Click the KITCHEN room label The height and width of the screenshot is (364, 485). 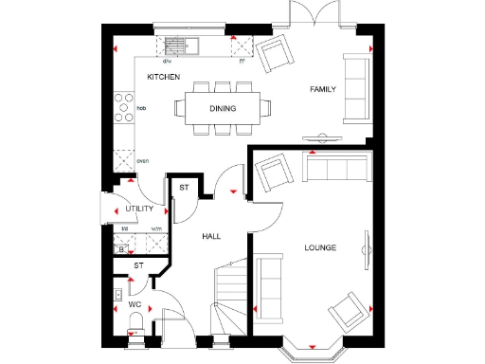163,77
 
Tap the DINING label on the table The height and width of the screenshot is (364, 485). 223,108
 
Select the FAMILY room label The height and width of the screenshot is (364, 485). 323,89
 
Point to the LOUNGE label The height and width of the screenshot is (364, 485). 319,247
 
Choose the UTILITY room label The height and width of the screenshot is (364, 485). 139,208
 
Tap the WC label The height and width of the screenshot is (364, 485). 135,304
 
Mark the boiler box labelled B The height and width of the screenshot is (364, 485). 121,249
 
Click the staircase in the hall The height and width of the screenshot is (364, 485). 230,294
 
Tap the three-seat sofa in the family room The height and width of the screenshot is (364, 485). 357,89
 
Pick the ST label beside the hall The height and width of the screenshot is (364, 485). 185,189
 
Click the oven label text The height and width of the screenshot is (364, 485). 143,160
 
